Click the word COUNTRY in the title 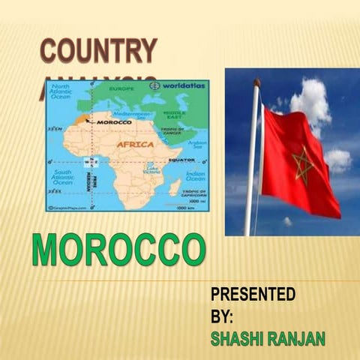pos(98,51)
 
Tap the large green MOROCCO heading pos(118,250)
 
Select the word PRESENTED pos(253,293)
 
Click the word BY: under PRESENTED pos(223,316)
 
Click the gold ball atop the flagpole pos(256,82)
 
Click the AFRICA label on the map pos(135,144)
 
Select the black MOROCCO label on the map pos(114,121)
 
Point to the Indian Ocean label pos(195,176)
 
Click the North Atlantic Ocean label pos(61,92)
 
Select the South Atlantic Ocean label pos(62,178)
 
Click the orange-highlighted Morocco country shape pos(81,119)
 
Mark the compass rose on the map pos(92,161)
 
